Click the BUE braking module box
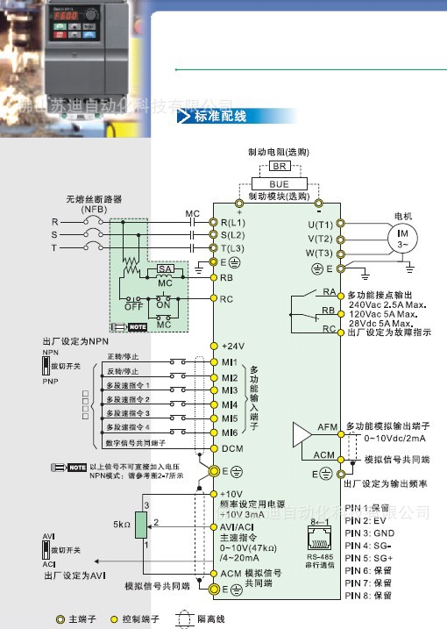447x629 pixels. (278, 183)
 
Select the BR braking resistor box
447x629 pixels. (280, 166)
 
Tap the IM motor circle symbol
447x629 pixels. (403, 238)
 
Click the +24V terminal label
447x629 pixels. (233, 346)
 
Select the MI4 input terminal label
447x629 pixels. (231, 404)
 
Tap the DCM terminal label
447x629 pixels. (232, 448)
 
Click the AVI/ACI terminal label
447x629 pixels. (238, 526)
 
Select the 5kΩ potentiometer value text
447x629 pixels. (123, 525)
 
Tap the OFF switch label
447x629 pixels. (133, 307)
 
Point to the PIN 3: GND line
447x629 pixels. (370, 533)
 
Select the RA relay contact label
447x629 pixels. (330, 291)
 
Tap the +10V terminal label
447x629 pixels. (231, 494)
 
